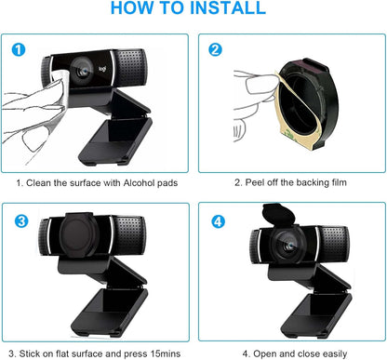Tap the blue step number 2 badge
(216, 49)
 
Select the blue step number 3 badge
(20, 220)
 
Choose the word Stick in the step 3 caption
(34, 353)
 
